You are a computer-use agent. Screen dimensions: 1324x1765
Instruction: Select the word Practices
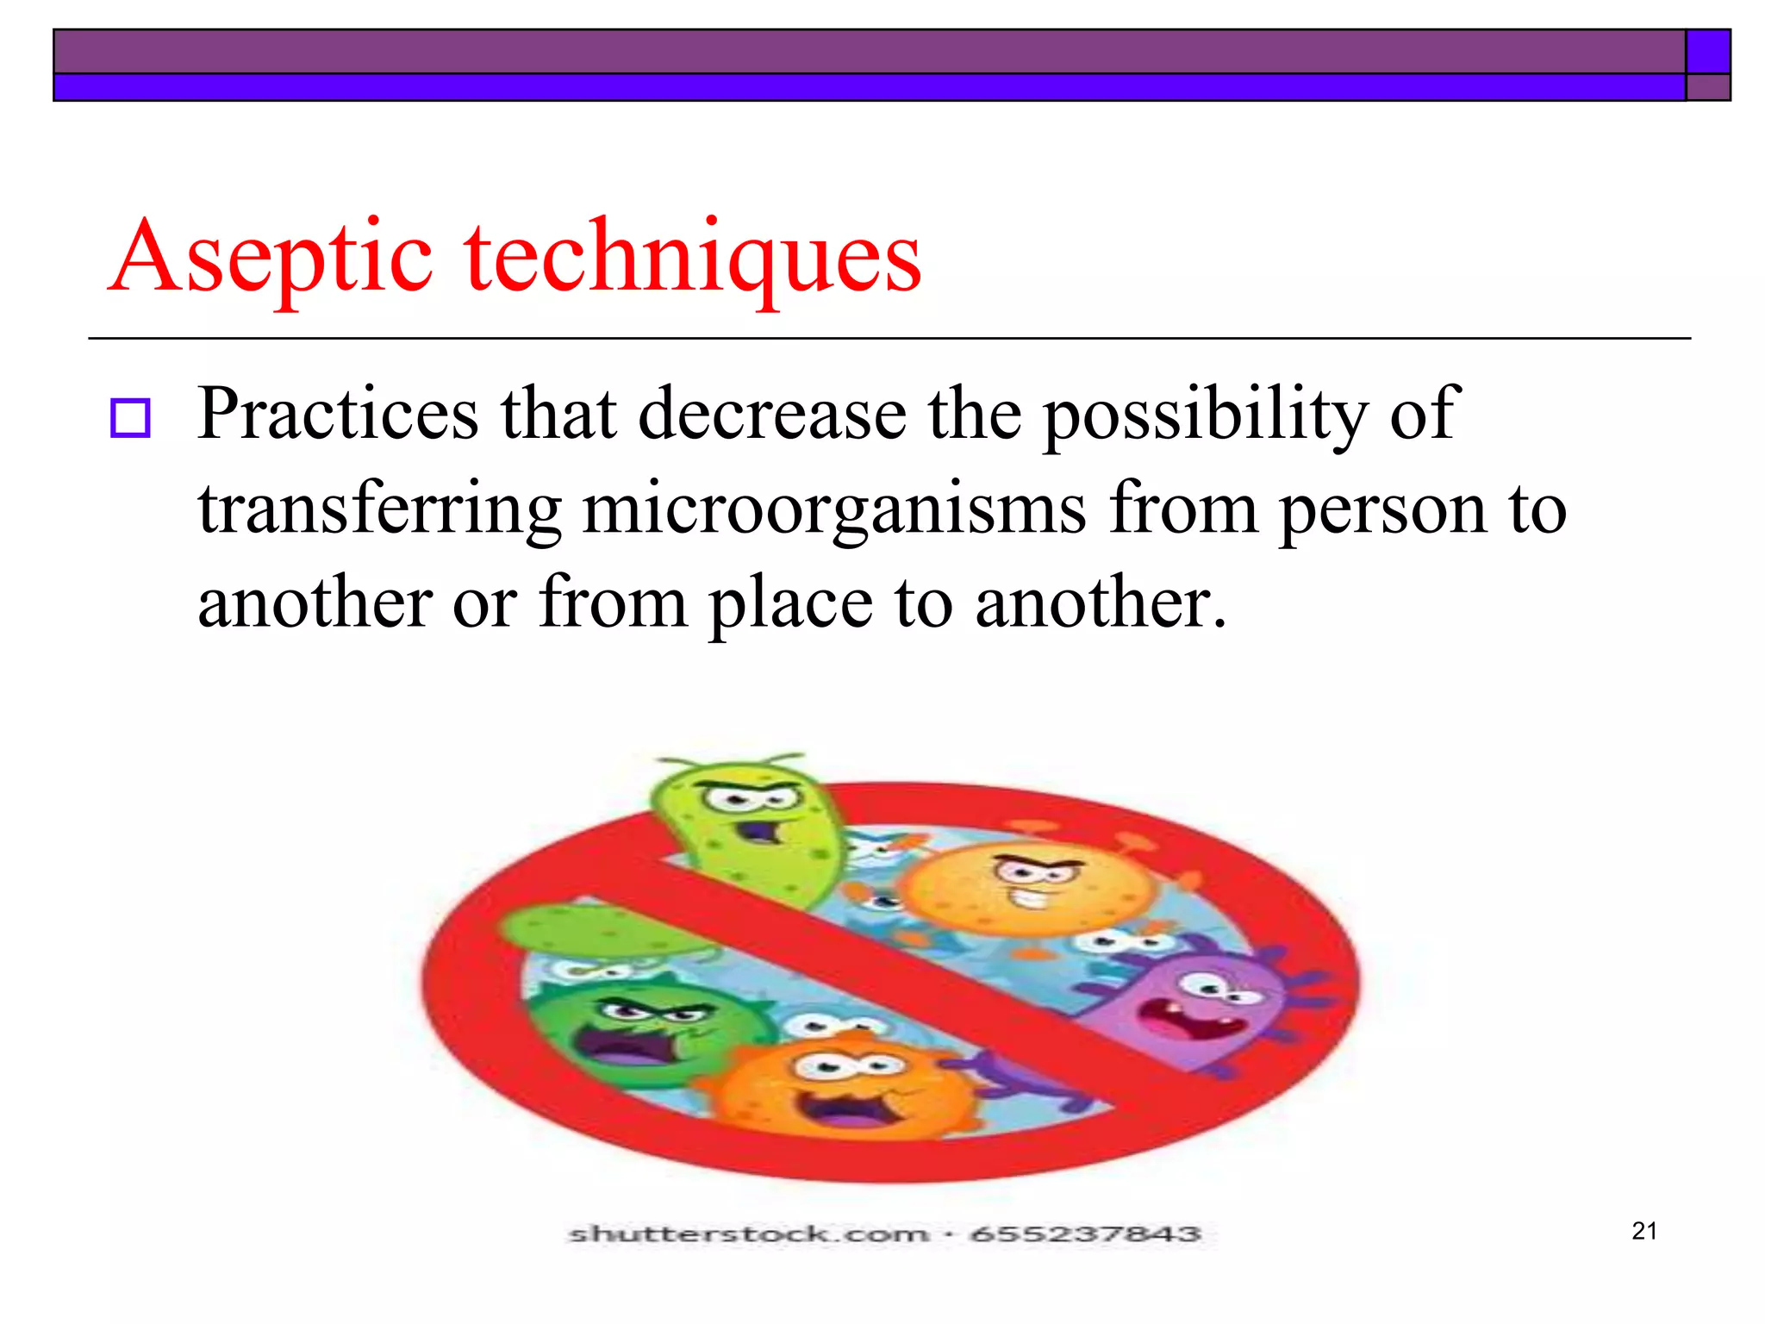[x=338, y=415]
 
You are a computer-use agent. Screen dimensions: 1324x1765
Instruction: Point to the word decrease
[x=772, y=415]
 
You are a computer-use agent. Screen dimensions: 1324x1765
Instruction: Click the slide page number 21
[x=1644, y=1231]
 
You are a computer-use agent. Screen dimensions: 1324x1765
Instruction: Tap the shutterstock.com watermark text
[x=748, y=1234]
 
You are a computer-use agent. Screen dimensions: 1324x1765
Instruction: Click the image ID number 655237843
[x=1085, y=1234]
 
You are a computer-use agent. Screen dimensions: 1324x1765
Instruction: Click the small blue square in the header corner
[x=1707, y=52]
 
